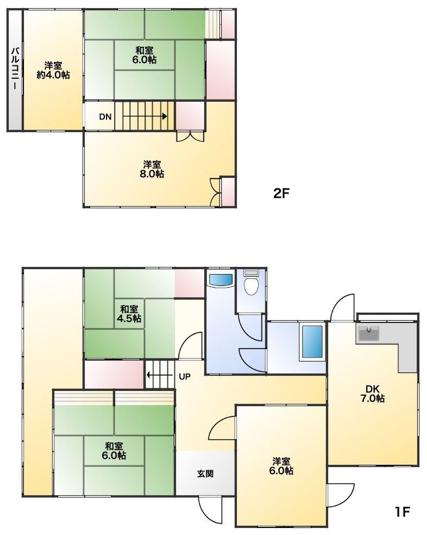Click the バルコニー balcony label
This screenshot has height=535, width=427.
tap(15, 69)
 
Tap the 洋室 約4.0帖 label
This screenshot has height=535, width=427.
tap(53, 70)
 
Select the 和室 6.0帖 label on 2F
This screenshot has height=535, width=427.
tap(145, 55)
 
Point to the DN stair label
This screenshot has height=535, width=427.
tap(105, 117)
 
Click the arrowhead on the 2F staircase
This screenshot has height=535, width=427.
tap(165, 116)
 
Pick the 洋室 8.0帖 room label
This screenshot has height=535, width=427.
tap(152, 169)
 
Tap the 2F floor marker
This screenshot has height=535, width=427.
tap(281, 194)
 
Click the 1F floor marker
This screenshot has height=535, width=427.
tap(402, 512)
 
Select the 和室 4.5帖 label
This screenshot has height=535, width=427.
tap(129, 314)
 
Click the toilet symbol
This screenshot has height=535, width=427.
tap(252, 282)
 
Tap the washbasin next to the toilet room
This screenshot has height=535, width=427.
tap(221, 280)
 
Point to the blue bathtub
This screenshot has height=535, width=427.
tap(312, 341)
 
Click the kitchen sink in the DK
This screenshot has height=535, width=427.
tap(368, 333)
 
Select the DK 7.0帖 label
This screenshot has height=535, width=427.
tap(373, 394)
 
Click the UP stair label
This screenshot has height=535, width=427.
tap(185, 377)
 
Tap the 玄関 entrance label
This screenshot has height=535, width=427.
tap(205, 474)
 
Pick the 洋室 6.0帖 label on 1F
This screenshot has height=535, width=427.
tap(281, 466)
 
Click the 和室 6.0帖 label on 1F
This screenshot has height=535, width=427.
tap(114, 450)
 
